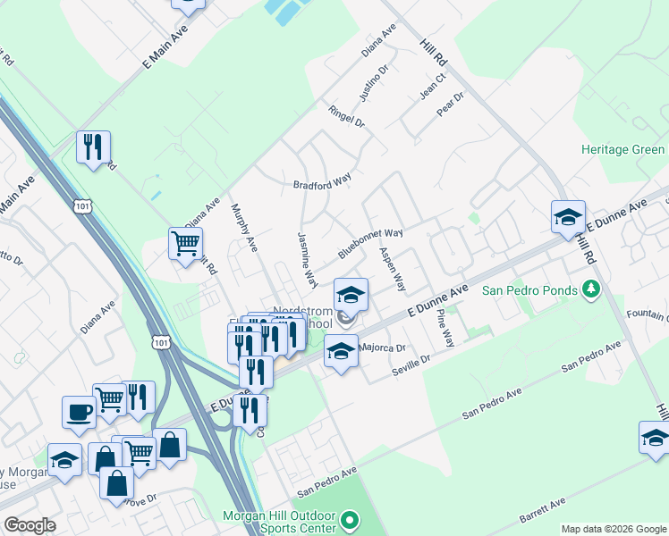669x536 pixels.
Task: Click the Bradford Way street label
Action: pyautogui.click(x=323, y=184)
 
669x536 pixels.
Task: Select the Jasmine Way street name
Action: pyautogui.click(x=307, y=260)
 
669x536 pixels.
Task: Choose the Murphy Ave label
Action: pyautogui.click(x=243, y=230)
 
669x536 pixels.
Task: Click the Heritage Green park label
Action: pyautogui.click(x=622, y=149)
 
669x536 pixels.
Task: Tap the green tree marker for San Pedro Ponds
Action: pyautogui.click(x=590, y=289)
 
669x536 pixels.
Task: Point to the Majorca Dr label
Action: pyautogui.click(x=383, y=348)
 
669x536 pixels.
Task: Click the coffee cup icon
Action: pyautogui.click(x=79, y=413)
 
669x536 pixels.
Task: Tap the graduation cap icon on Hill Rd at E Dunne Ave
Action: pyautogui.click(x=568, y=218)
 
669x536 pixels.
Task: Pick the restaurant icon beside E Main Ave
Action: pyautogui.click(x=93, y=147)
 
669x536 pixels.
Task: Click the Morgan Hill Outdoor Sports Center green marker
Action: pyautogui.click(x=350, y=519)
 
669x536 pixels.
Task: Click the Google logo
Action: pyautogui.click(x=30, y=525)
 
